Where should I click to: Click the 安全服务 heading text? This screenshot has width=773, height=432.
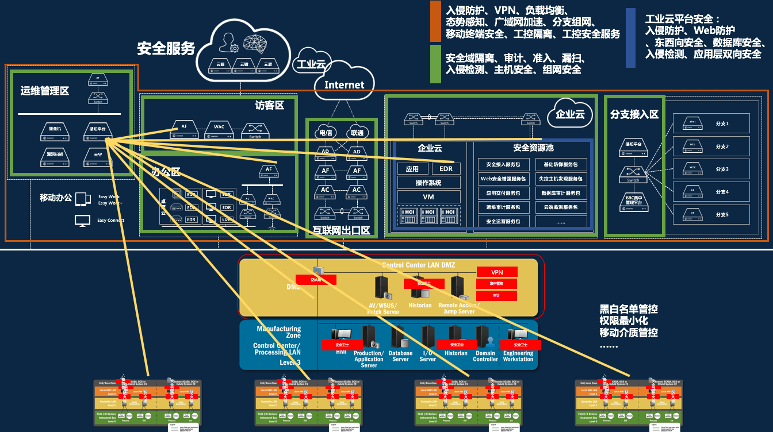pyautogui.click(x=166, y=49)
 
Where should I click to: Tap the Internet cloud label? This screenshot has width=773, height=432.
pyautogui.click(x=345, y=85)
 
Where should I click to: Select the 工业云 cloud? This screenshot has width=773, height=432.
pyautogui.click(x=311, y=64)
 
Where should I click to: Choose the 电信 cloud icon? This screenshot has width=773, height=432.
pyautogui.click(x=325, y=133)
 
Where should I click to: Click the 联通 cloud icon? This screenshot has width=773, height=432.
pyautogui.click(x=357, y=133)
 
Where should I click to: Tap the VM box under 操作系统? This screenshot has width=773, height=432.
pyautogui.click(x=428, y=197)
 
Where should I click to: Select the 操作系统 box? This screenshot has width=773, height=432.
pyautogui.click(x=428, y=183)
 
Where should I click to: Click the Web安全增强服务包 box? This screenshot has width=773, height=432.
pyautogui.click(x=503, y=179)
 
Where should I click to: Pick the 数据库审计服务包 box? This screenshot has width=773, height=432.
pyautogui.click(x=561, y=193)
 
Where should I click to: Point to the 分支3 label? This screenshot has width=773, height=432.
pyautogui.click(x=722, y=169)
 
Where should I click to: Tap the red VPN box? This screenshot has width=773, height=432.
pyautogui.click(x=497, y=272)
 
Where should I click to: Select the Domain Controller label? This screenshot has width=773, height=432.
pyautogui.click(x=485, y=356)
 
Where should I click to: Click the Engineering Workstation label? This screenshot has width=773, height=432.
pyautogui.click(x=518, y=356)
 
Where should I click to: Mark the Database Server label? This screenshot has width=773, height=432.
pyautogui.click(x=400, y=356)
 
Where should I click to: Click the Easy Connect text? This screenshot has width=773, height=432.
pyautogui.click(x=110, y=221)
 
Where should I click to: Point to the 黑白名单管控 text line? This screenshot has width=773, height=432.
pyautogui.click(x=629, y=309)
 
